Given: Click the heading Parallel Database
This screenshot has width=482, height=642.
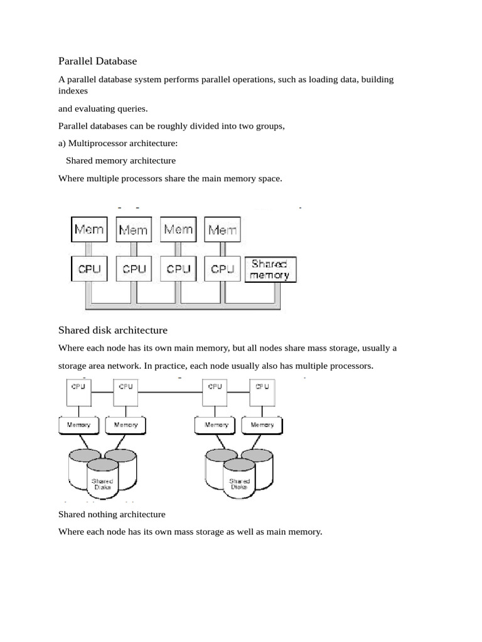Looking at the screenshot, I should click(x=97, y=61).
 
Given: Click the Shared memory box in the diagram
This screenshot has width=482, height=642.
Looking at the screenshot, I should click(x=270, y=269).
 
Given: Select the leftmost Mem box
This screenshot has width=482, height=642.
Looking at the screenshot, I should click(x=89, y=229).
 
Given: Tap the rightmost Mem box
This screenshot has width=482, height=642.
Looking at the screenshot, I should click(x=223, y=229).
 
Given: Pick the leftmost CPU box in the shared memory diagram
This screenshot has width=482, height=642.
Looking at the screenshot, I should click(x=89, y=269).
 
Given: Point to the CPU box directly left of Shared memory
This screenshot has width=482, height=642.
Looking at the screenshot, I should click(x=223, y=269).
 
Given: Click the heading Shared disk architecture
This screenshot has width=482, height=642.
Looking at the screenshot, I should click(x=113, y=330).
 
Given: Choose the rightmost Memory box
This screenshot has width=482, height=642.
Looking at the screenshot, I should click(x=262, y=425).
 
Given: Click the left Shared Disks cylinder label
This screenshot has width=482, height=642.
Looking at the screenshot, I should click(x=102, y=483).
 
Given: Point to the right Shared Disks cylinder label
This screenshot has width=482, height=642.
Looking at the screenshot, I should click(x=239, y=483).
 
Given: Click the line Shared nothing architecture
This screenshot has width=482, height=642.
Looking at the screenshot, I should click(x=112, y=514).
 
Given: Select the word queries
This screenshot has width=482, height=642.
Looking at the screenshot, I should click(x=130, y=108).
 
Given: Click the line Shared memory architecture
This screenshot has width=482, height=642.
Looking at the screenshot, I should click(x=120, y=161).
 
